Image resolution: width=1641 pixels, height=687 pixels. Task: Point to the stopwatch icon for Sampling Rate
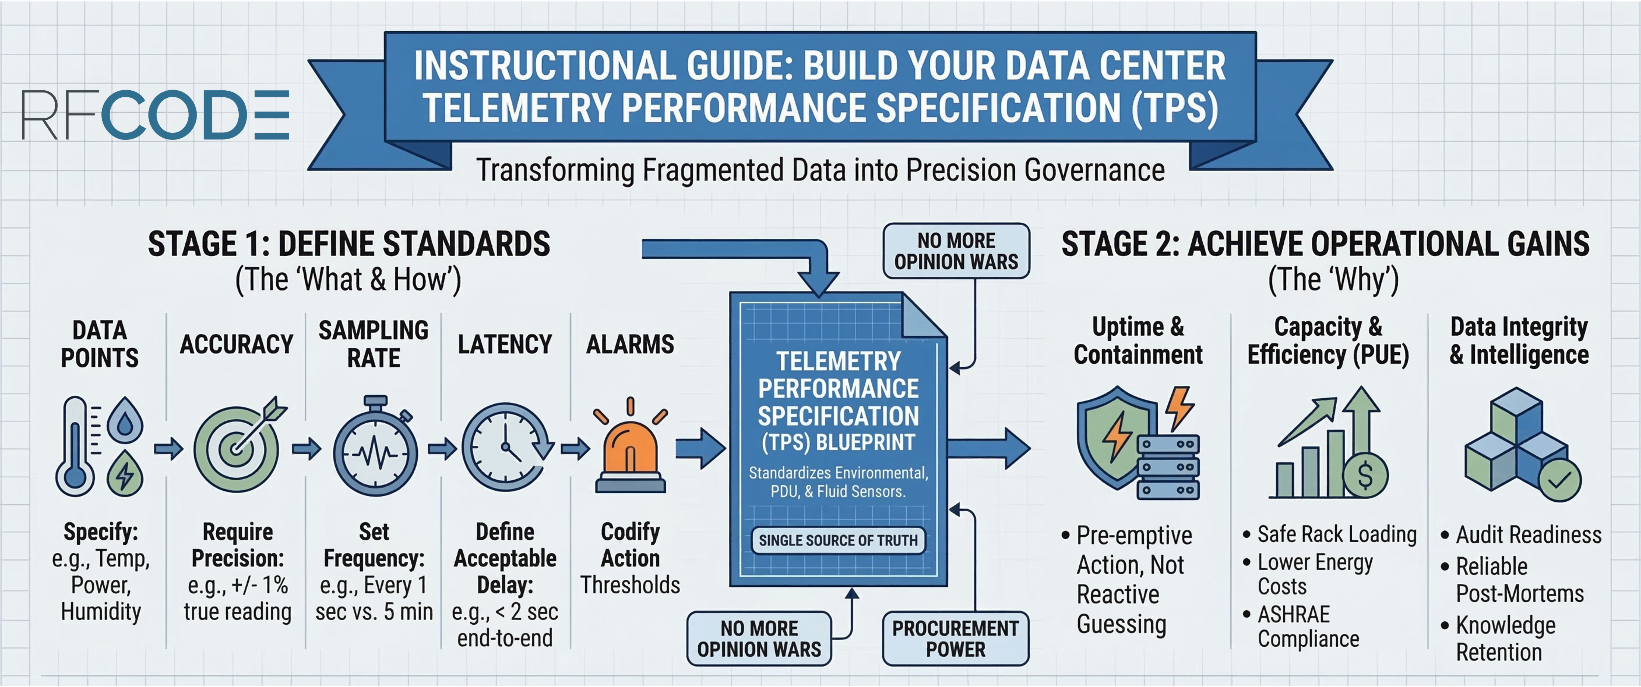point(374,450)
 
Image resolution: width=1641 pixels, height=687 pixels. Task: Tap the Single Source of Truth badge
point(838,540)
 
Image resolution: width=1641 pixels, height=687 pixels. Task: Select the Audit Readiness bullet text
point(1528,535)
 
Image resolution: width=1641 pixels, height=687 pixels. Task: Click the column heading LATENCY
point(505,344)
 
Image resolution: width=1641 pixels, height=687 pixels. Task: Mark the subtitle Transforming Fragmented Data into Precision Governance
point(820,171)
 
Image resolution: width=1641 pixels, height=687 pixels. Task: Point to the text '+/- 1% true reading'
point(237,598)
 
